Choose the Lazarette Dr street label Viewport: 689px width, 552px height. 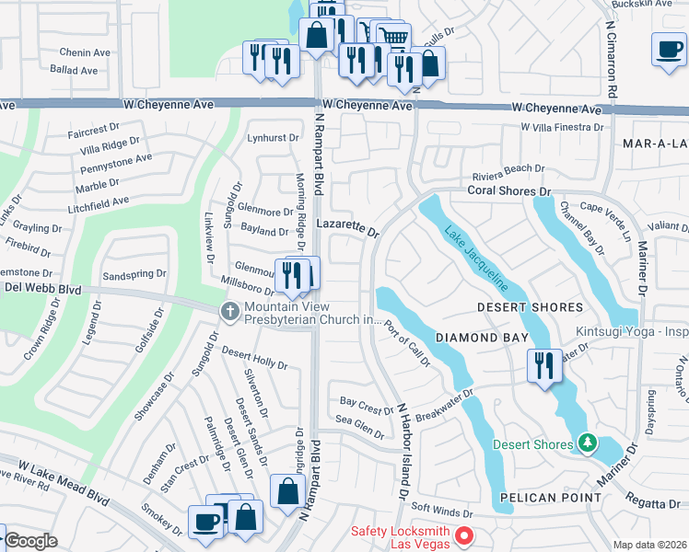click(347, 225)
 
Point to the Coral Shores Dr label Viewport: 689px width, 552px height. click(508, 190)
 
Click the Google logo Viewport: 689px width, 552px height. click(31, 541)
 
